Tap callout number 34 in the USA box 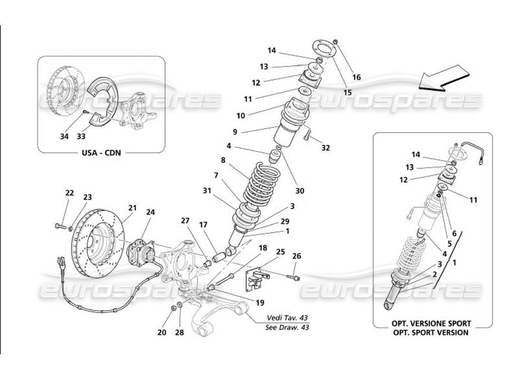pyautogui.click(x=65, y=137)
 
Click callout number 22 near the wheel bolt pyautogui.click(x=69, y=193)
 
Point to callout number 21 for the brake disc pyautogui.click(x=132, y=207)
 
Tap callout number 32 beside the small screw pyautogui.click(x=325, y=148)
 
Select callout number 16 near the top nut pyautogui.click(x=356, y=77)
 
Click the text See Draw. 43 pyautogui.click(x=288, y=327)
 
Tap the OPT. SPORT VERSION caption pyautogui.click(x=430, y=332)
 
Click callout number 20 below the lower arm pyautogui.click(x=161, y=332)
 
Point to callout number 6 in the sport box pyautogui.click(x=454, y=234)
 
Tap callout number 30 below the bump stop pyautogui.click(x=299, y=191)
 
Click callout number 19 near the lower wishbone pyautogui.click(x=260, y=302)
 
